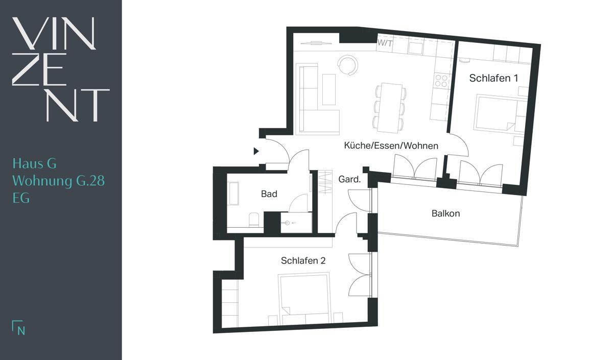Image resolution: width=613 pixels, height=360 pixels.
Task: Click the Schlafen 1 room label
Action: (493, 78)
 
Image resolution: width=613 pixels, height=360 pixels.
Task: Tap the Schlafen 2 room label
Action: (303, 261)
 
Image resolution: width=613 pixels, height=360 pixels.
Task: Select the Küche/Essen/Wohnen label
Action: (391, 146)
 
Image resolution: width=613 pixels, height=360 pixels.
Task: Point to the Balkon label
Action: (445, 213)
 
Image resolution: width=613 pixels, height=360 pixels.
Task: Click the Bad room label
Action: (269, 194)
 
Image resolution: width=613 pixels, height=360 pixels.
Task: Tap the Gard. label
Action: (349, 179)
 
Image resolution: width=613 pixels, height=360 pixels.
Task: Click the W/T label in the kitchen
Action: (385, 43)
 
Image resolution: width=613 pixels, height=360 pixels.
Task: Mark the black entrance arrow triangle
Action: (256, 151)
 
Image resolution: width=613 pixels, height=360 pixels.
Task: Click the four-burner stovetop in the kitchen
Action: (441, 81)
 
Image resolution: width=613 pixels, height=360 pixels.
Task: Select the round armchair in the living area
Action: (347, 65)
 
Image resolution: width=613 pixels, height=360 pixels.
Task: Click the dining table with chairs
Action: (389, 108)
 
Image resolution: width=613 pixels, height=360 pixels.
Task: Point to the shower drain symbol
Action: (287, 223)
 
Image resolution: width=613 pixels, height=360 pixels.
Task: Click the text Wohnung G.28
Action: (59, 181)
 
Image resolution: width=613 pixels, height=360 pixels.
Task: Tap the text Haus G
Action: (35, 163)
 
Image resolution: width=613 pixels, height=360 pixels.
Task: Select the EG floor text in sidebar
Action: (21, 198)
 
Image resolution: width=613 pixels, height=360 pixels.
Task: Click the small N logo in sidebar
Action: (18, 327)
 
